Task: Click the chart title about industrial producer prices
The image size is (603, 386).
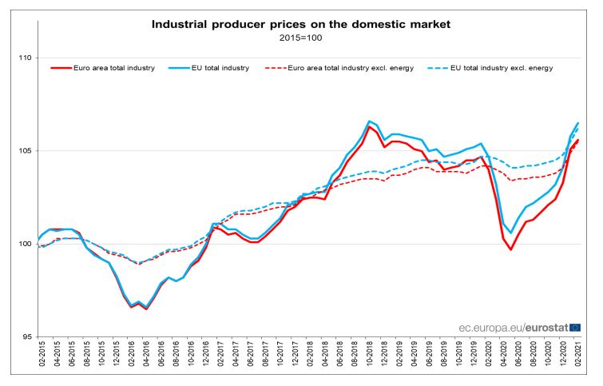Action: pyautogui.click(x=301, y=25)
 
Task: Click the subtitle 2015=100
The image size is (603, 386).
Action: pyautogui.click(x=301, y=38)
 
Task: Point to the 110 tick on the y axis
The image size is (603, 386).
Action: pyautogui.click(x=24, y=58)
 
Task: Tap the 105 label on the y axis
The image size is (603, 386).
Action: pyautogui.click(x=24, y=151)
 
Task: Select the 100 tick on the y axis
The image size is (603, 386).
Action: pyautogui.click(x=24, y=244)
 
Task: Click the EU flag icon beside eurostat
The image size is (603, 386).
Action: pyautogui.click(x=575, y=327)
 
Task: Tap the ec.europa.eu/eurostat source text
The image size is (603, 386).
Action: pyautogui.click(x=511, y=327)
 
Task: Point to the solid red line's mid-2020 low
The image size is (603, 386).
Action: pyautogui.click(x=511, y=249)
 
